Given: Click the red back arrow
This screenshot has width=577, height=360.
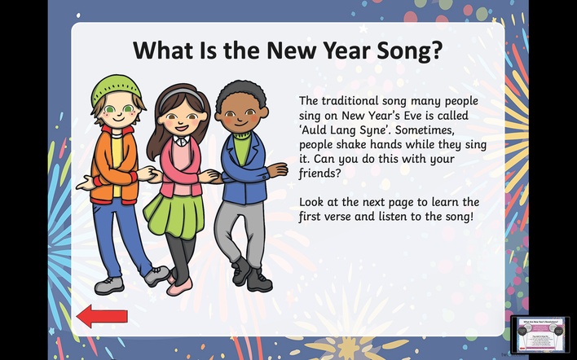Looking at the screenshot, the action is coord(102,316).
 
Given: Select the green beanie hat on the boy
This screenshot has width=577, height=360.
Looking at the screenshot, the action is coord(115,89).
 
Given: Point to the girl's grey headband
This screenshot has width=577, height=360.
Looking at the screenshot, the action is coord(181,94).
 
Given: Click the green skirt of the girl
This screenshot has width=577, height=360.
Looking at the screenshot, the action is coord(174,214).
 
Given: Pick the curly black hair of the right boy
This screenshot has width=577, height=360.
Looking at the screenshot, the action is coord(241,94).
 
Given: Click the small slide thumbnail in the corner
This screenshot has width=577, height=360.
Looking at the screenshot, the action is coord(540,336).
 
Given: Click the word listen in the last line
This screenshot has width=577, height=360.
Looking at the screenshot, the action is coord(394,216).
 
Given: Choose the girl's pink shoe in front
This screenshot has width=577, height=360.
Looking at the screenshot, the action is coord(179,287).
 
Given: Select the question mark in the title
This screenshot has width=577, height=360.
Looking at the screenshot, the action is coord(437,50).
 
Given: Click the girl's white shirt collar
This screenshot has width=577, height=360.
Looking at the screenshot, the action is coord(181,140).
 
